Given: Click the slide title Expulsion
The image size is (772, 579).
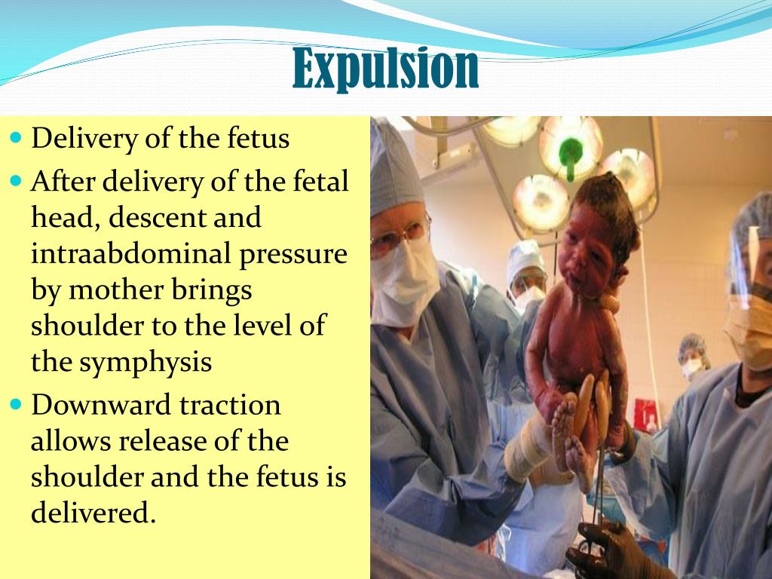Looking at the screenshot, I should pyautogui.click(x=385, y=68).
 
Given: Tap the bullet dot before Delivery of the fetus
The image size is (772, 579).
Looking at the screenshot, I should pyautogui.click(x=17, y=139).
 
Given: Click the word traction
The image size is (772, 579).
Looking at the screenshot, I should pyautogui.click(x=229, y=405).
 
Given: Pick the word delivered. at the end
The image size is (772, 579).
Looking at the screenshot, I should pyautogui.click(x=93, y=513).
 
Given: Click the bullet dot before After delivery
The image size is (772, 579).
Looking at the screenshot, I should pyautogui.click(x=17, y=182).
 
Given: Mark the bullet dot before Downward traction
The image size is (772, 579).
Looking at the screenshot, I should pyautogui.click(x=17, y=405).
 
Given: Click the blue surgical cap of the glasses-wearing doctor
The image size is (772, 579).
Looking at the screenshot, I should pyautogui.click(x=392, y=173).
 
